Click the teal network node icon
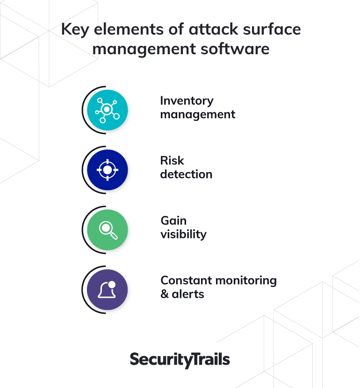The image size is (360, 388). [x=108, y=110]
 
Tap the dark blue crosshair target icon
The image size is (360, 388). [x=108, y=170]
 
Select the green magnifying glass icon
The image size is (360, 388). [x=108, y=230]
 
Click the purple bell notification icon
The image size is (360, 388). [x=108, y=289]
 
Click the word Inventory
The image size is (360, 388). [x=187, y=101]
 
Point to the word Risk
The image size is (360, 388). [x=172, y=160]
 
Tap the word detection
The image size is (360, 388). [x=186, y=174]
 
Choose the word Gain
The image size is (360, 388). [x=174, y=221]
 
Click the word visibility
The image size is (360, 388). [x=184, y=235]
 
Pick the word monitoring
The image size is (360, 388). [x=246, y=281]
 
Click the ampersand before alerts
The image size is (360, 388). [x=165, y=294]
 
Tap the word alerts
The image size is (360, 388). [x=188, y=294]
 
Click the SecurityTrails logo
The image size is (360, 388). [x=180, y=360]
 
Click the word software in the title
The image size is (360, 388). [x=235, y=49]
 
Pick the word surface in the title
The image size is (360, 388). [x=272, y=29]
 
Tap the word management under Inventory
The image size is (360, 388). [x=198, y=115]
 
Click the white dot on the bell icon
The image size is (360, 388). [x=112, y=284]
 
